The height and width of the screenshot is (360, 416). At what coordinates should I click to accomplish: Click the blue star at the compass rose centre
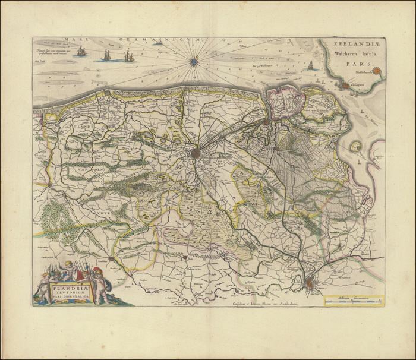[194, 60]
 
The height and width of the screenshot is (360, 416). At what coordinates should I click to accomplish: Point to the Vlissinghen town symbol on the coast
[345, 86]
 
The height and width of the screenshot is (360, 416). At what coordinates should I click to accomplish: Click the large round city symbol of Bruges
[196, 153]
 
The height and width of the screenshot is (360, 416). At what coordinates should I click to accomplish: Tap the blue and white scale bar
[353, 302]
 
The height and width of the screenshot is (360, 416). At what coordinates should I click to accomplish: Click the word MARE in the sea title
[81, 41]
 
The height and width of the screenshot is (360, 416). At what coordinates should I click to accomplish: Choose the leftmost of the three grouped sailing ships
[81, 52]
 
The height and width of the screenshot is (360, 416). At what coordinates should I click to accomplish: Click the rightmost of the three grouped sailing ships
[128, 56]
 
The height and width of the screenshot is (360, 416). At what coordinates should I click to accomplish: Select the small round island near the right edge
[355, 146]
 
